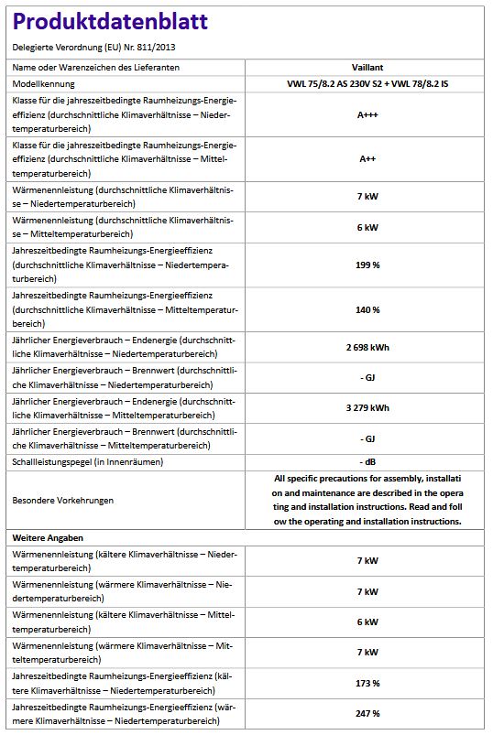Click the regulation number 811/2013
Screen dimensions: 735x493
pyautogui.click(x=157, y=46)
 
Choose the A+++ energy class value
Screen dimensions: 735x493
pyautogui.click(x=367, y=116)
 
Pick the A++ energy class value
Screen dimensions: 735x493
pyautogui.click(x=367, y=158)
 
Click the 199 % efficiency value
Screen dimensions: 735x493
pyautogui.click(x=367, y=265)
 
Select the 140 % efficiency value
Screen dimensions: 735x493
pyautogui.click(x=367, y=309)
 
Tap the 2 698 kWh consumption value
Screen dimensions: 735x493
pyautogui.click(x=367, y=348)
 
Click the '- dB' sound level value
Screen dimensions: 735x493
pyautogui.click(x=367, y=461)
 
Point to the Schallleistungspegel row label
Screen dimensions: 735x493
pyautogui.click(x=87, y=461)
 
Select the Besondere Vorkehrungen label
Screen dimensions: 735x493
pyautogui.click(x=61, y=501)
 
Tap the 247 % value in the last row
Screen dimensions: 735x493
pyautogui.click(x=367, y=713)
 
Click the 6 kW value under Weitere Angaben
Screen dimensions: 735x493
pyautogui.click(x=367, y=622)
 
